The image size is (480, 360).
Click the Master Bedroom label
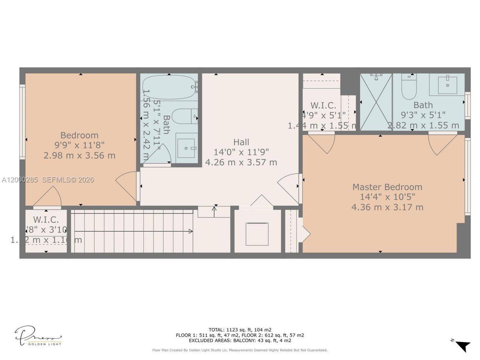387,187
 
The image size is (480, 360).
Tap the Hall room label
241,142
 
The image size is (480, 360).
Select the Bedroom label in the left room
79,135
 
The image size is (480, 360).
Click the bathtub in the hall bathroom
169,87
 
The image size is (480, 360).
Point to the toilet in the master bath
408,86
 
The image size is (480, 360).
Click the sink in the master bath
448,85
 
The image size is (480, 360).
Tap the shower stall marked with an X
376,102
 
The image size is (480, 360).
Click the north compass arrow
462,345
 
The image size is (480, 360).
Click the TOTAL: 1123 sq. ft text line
240,330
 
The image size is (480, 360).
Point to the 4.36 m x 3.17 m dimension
387,207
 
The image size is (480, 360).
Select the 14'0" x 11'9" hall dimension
241,152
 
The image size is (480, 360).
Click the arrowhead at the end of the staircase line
190,231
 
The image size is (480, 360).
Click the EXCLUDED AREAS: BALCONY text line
240,340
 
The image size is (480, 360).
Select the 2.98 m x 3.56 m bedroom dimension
79,156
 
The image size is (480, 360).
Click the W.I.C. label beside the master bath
323,106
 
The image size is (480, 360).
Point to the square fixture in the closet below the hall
257,234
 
